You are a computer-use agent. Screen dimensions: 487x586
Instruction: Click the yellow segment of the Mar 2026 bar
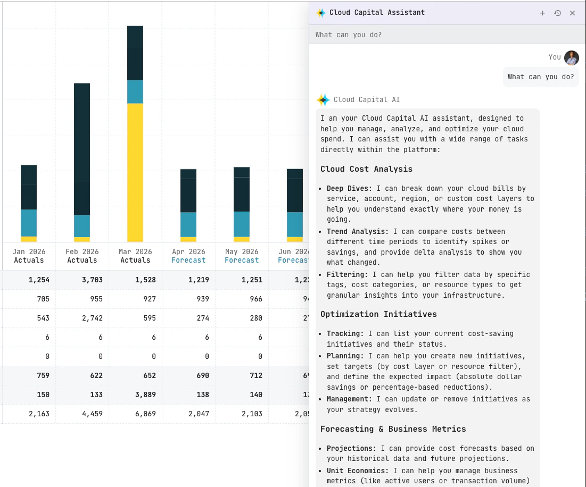click(135, 172)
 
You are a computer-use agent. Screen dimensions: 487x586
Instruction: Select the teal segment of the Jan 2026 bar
click(29, 223)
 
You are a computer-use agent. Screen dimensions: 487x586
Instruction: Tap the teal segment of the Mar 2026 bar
click(135, 92)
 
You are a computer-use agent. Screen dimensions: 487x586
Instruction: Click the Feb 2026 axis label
click(82, 251)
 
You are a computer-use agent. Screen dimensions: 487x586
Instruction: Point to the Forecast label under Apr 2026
click(188, 261)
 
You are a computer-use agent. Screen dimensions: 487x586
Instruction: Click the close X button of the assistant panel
click(572, 13)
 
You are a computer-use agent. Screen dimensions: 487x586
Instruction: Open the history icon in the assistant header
click(557, 13)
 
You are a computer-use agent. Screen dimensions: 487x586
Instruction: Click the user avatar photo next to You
click(572, 57)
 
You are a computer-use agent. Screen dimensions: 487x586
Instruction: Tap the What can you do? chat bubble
click(541, 77)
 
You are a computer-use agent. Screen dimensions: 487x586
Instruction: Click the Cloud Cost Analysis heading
click(366, 169)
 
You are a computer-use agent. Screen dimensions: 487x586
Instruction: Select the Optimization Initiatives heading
click(378, 314)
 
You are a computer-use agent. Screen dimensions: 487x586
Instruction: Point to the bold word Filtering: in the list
click(347, 274)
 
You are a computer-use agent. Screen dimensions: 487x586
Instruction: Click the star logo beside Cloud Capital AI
click(324, 99)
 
